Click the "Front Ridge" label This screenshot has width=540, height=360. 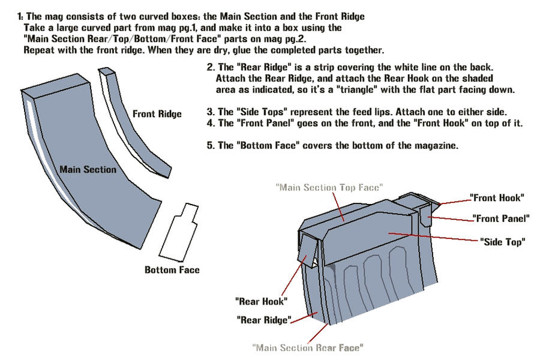[157, 113]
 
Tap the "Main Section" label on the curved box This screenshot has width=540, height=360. [88, 169]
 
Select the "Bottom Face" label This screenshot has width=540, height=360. [172, 270]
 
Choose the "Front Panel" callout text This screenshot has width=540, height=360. [500, 219]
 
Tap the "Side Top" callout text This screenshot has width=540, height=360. [503, 242]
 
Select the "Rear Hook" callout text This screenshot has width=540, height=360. [261, 301]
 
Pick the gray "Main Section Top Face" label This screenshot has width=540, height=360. [329, 187]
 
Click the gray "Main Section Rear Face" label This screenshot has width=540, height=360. [307, 347]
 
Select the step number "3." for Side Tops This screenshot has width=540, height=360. [210, 112]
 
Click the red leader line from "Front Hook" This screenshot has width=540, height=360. [453, 200]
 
